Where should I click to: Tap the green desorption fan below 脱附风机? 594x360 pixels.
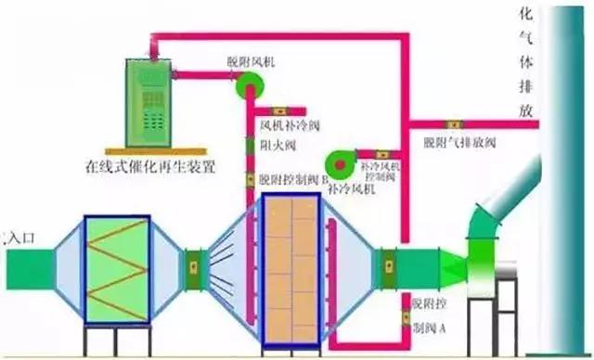[x=249, y=85]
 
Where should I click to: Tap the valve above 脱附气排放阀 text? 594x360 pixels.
[x=457, y=124]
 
